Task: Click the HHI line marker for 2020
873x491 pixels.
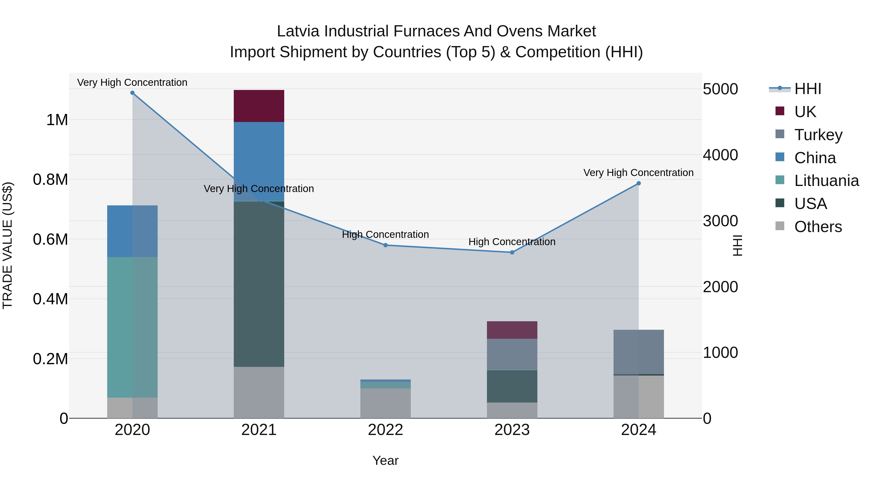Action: tap(132, 93)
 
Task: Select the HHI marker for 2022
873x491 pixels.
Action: tap(385, 245)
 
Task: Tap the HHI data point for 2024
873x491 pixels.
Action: tap(639, 183)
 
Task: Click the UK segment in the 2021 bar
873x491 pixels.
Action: tap(259, 106)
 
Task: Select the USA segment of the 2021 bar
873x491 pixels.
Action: tap(259, 284)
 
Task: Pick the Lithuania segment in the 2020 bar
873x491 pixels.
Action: tap(132, 327)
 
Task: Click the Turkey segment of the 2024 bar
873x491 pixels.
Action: tap(639, 352)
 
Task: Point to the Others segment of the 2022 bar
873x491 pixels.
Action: tap(385, 403)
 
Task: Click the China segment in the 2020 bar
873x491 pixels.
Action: tap(132, 231)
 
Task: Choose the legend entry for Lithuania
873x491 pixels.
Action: tap(826, 181)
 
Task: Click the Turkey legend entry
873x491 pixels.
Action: tap(818, 135)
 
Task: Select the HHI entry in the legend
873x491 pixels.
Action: tap(807, 89)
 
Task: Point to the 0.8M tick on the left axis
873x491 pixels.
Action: tap(50, 180)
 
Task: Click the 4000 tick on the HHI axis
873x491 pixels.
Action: tap(720, 155)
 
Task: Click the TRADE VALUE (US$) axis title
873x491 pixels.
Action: tap(8, 245)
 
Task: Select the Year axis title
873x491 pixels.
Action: tap(385, 460)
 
